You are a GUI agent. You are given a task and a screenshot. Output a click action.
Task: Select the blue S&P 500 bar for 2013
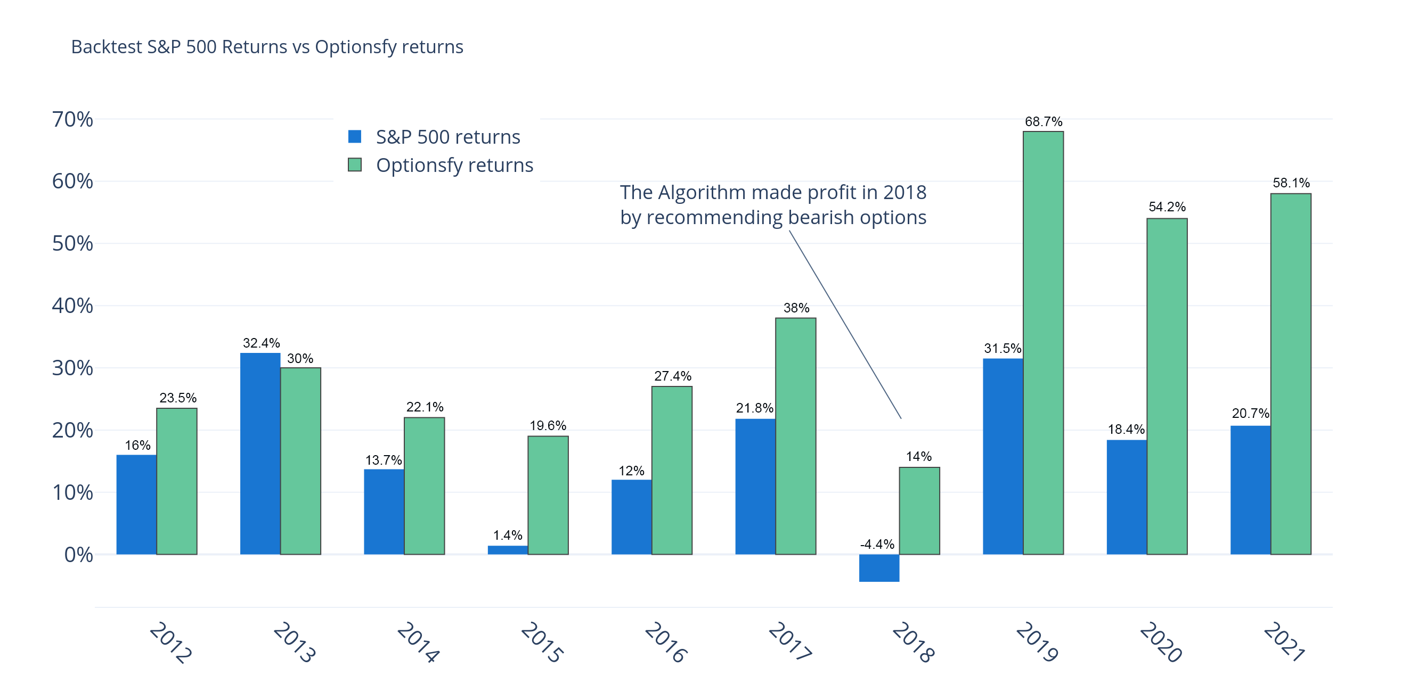pos(260,454)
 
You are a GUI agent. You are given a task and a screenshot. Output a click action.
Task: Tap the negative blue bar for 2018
pos(879,567)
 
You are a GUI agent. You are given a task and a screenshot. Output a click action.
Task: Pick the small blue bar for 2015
pos(508,549)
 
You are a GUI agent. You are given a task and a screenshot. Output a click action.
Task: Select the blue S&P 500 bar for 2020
pos(1126,497)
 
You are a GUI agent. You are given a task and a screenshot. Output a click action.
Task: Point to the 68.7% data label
pos(1043,121)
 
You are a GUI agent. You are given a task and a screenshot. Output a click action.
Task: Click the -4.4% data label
pos(877,544)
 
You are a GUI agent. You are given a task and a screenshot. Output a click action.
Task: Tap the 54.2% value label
pos(1167,207)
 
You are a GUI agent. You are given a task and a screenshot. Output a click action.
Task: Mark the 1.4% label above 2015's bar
pos(507,534)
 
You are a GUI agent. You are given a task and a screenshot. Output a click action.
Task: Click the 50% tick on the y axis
pos(72,243)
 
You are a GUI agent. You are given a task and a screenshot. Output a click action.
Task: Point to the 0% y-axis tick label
pos(78,555)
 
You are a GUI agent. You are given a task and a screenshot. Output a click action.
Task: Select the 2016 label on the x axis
pos(665,642)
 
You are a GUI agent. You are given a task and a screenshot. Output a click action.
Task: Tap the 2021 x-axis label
pos(1284,642)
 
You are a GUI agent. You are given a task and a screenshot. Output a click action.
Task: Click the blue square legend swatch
pos(355,136)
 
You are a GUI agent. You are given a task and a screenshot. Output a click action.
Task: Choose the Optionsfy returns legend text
pos(454,165)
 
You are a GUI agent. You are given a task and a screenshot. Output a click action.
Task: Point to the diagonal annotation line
pos(845,325)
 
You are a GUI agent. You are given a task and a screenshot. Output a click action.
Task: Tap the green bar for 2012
pos(177,481)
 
